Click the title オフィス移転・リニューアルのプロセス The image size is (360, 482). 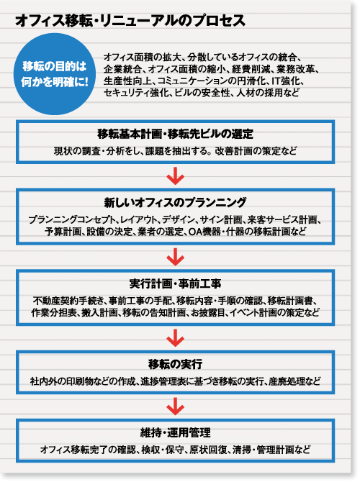pyautogui.click(x=130, y=21)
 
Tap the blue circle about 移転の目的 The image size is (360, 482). pyautogui.click(x=55, y=74)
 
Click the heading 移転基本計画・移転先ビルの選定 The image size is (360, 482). pyautogui.click(x=175, y=134)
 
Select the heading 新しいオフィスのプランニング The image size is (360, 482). pyautogui.click(x=175, y=202)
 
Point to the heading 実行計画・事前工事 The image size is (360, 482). pyautogui.click(x=175, y=283)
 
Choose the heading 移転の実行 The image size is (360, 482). pyautogui.click(x=175, y=364)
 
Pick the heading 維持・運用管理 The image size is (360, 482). pyautogui.click(x=175, y=432)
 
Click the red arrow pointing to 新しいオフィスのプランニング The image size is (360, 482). pyautogui.click(x=176, y=176)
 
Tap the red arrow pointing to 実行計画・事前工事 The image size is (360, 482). pyautogui.click(x=176, y=257)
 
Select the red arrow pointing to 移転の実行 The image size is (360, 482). pyautogui.click(x=176, y=338)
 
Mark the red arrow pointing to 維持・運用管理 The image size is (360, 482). pyautogui.click(x=176, y=406)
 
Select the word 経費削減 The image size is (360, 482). pyautogui.click(x=250, y=69)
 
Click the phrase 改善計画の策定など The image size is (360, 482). pyautogui.click(x=256, y=151)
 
